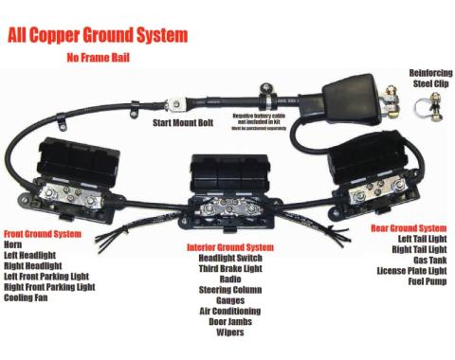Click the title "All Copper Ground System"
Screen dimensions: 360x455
[x=98, y=36]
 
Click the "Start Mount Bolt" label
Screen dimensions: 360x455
[x=186, y=122]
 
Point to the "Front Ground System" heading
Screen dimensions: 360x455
[x=43, y=233]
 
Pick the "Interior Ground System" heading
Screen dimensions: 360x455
[x=230, y=247]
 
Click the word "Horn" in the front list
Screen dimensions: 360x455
[x=14, y=244]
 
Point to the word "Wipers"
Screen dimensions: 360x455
[x=231, y=333]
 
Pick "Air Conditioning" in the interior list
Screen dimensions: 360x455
[x=231, y=311]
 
